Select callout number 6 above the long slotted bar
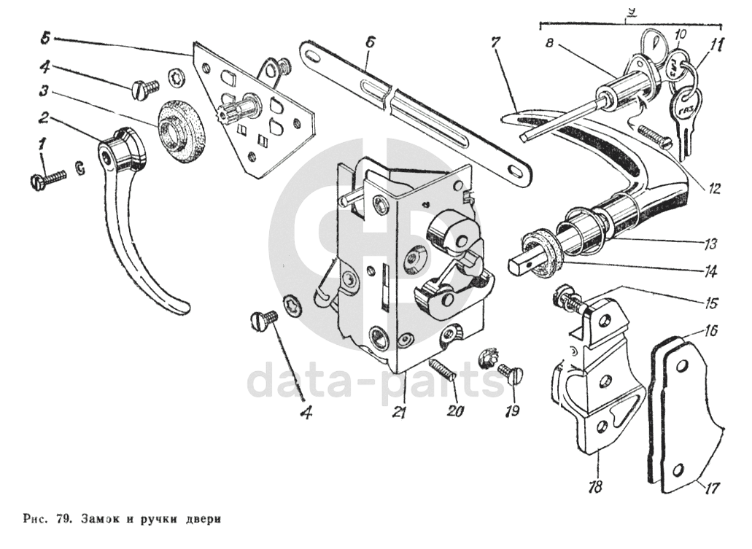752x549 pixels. click(370, 43)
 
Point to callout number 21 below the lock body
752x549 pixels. click(398, 412)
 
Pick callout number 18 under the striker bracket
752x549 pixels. click(596, 487)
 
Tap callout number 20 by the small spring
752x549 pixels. click(456, 411)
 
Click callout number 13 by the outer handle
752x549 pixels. click(710, 242)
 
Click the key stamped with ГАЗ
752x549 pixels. click(686, 110)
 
